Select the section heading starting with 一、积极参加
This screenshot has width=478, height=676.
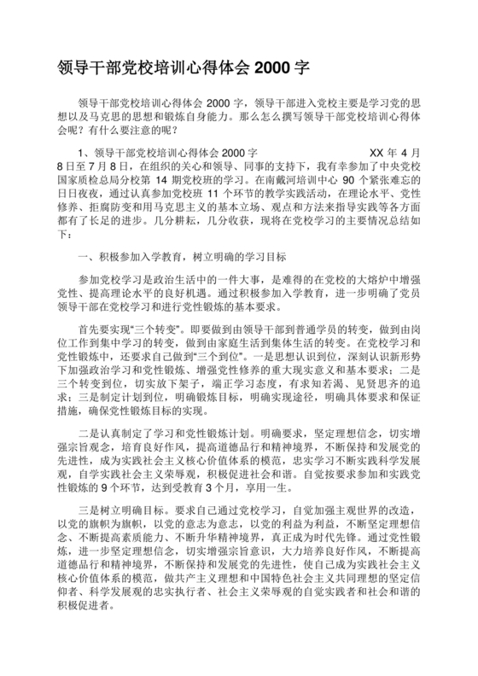click(x=182, y=256)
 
